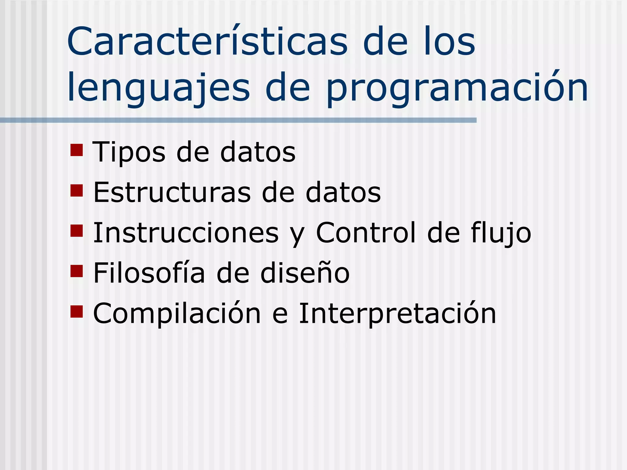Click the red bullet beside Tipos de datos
[x=77, y=150]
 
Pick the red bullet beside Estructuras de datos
[x=77, y=190]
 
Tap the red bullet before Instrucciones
[x=77, y=231]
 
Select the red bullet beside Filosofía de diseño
[x=77, y=271]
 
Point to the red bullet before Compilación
[x=77, y=311]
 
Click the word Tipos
[x=129, y=152]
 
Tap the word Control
[x=366, y=233]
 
